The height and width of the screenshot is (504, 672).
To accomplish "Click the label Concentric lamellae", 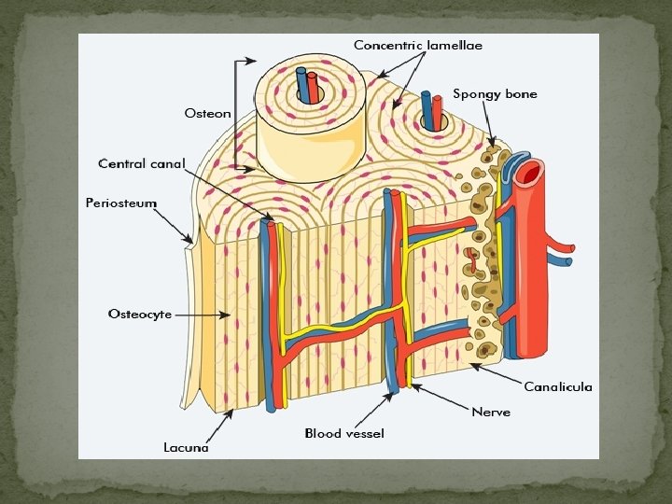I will tap(417, 45).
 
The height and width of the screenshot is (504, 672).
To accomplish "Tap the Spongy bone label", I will tap(495, 94).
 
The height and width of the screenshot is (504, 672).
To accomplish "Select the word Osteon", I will tap(207, 114).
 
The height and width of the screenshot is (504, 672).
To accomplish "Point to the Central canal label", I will tap(141, 164).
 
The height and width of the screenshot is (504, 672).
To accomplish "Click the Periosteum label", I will tap(120, 203).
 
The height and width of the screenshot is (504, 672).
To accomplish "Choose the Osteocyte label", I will tap(140, 315).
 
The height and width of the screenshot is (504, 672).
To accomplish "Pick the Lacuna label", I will tap(186, 448).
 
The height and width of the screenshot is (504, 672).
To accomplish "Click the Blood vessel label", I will tap(344, 434).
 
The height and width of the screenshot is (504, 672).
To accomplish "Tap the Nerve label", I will tap(491, 412).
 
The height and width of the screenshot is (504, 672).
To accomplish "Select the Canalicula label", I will tap(557, 386).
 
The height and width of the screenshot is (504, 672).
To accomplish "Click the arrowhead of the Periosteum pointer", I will tap(192, 243).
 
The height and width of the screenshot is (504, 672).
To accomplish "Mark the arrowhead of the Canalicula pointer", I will tap(472, 364).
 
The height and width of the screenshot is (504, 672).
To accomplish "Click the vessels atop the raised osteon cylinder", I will tap(307, 85).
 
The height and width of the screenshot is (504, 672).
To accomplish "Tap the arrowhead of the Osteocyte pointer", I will tap(230, 315).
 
